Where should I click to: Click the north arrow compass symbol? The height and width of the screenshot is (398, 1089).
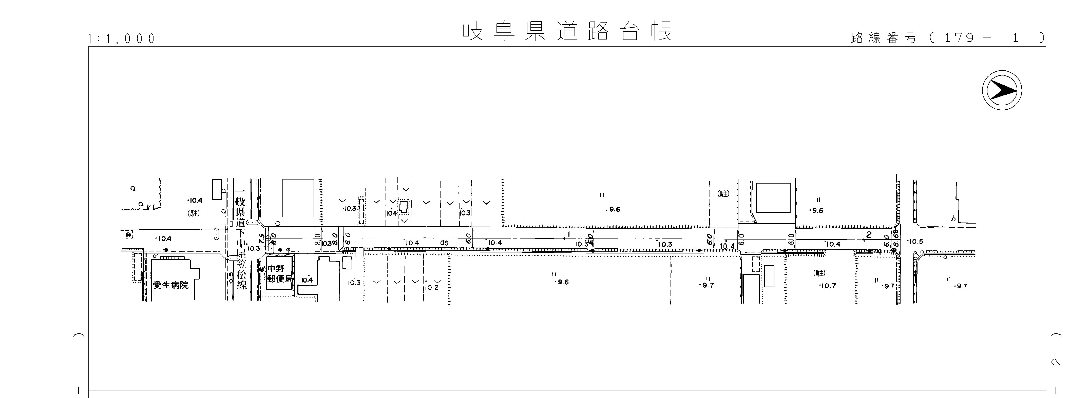1002,91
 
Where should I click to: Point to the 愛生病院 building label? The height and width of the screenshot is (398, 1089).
171,285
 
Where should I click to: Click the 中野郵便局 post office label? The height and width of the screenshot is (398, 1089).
279,274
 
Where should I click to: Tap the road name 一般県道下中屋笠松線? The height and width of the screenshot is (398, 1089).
241,239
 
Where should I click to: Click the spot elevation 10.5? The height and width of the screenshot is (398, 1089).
916,242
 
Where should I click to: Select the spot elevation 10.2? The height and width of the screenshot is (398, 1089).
432,288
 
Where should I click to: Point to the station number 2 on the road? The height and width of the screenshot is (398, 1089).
869,235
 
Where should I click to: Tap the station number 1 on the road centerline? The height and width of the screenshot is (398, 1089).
569,234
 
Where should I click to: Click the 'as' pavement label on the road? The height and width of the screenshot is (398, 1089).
444,243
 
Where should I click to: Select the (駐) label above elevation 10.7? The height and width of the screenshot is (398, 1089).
819,273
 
